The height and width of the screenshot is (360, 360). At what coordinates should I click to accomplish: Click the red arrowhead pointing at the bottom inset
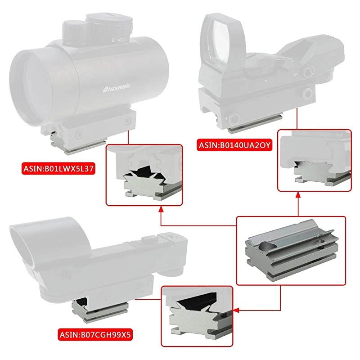pos(237,310)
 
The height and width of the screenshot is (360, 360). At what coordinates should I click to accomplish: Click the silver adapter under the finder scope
pos(85,310)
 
